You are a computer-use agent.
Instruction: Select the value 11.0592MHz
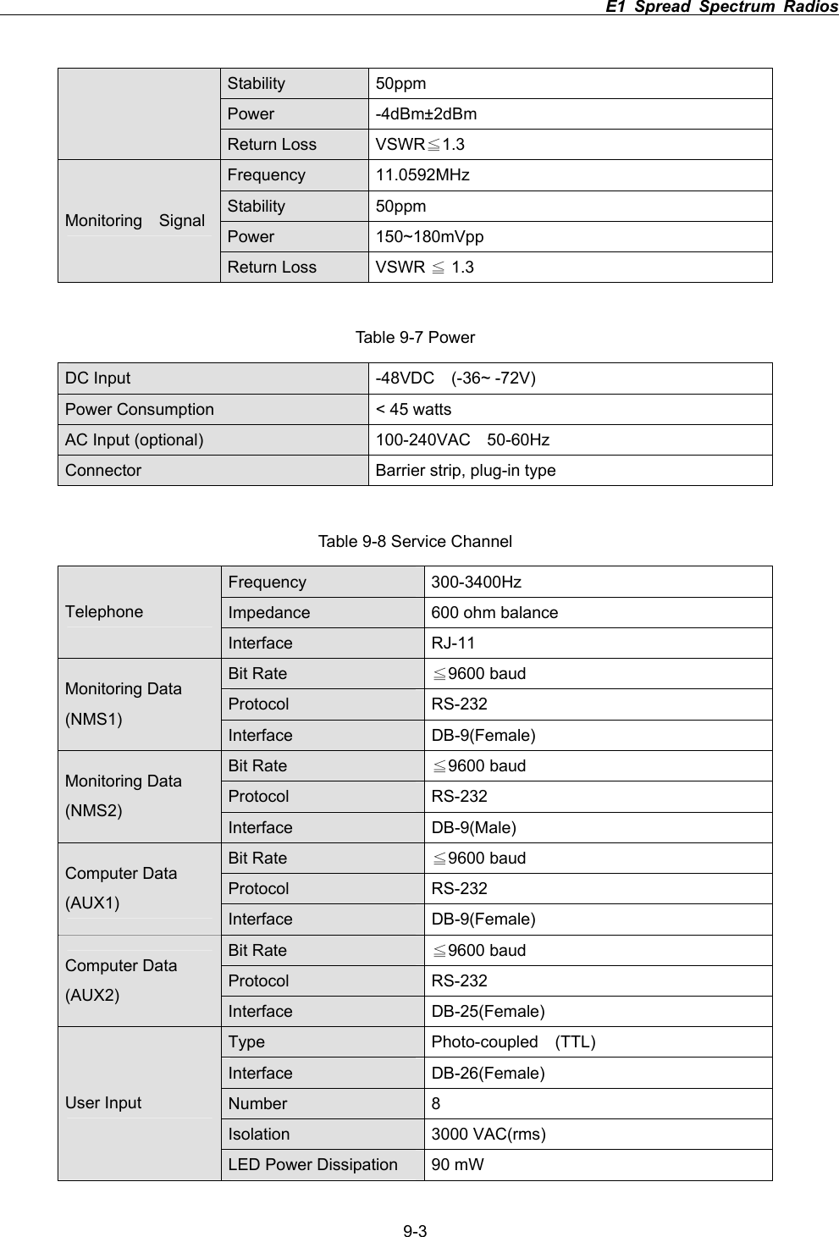coord(422,175)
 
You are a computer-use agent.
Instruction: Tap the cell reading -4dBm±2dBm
coord(426,114)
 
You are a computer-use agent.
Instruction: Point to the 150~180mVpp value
coord(429,237)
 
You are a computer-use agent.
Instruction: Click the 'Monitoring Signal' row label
coord(135,221)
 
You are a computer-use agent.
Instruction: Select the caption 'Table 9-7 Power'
coord(415,338)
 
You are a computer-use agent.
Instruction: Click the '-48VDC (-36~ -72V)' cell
coord(455,378)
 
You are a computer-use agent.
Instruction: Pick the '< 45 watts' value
coord(413,410)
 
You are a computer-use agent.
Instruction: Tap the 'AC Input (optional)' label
coord(134,440)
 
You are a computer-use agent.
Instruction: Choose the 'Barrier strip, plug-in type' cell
coord(465,471)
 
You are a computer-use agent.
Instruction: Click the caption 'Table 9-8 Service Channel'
coord(415,541)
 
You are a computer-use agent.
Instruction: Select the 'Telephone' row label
coord(104,612)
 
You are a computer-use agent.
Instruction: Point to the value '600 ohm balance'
coord(494,613)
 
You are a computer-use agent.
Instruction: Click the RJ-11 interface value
coord(453,643)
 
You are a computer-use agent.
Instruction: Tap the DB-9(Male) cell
coord(474,827)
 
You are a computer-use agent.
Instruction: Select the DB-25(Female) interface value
coord(488,1012)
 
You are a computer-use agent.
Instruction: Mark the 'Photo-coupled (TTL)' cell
coord(513,1042)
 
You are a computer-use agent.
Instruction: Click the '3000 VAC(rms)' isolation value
coord(488,1135)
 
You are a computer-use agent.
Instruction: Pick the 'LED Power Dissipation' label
coord(312,1165)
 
